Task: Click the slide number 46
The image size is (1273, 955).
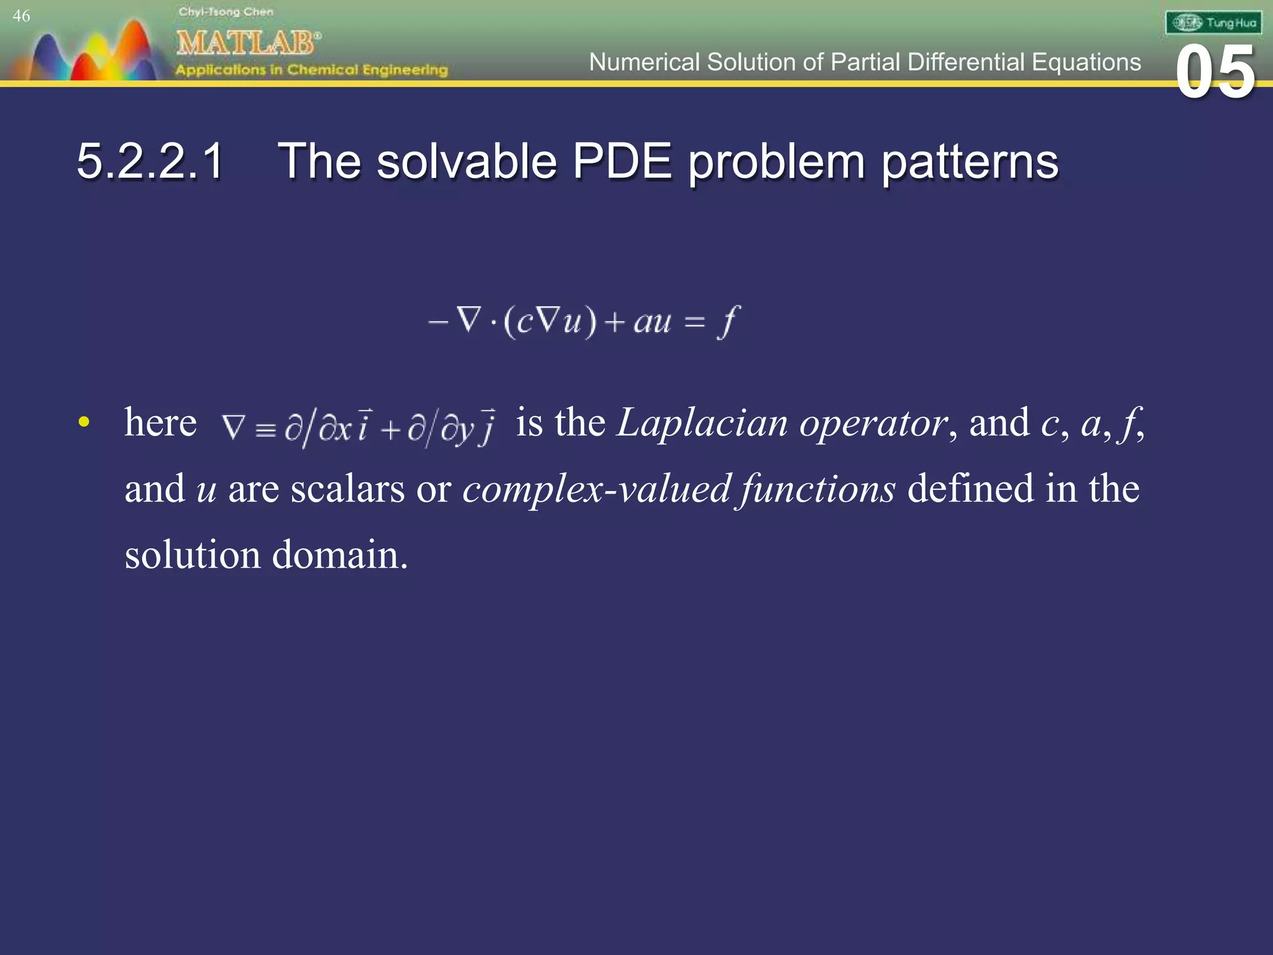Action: tap(21, 16)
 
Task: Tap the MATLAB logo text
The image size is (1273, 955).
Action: tap(247, 44)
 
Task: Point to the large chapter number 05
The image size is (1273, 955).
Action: tap(1215, 73)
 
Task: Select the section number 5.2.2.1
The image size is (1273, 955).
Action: tap(150, 162)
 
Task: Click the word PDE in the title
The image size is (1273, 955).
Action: tap(622, 162)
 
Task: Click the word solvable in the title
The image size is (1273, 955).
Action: tap(466, 162)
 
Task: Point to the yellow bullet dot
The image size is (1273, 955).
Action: tap(84, 423)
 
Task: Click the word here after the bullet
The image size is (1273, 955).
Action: tap(160, 423)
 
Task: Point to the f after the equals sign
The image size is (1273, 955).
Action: tap(728, 321)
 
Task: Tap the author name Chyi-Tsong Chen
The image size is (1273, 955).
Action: tap(226, 12)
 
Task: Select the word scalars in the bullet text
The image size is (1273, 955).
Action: tap(347, 489)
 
